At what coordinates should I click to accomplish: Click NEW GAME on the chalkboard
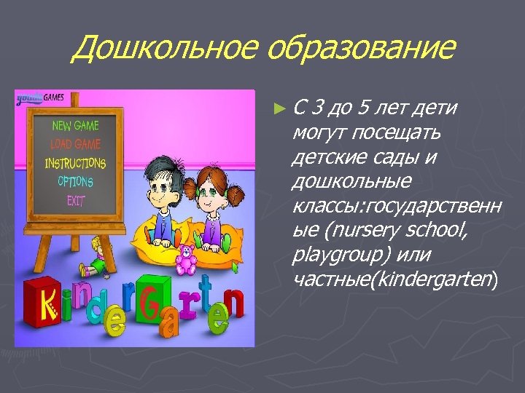[x=75, y=125]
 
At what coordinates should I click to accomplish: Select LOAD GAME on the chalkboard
[x=75, y=144]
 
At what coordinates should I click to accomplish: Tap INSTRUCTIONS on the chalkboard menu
[x=75, y=163]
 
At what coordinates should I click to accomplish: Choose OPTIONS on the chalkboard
[x=75, y=181]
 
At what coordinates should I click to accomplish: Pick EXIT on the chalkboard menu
[x=76, y=199]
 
